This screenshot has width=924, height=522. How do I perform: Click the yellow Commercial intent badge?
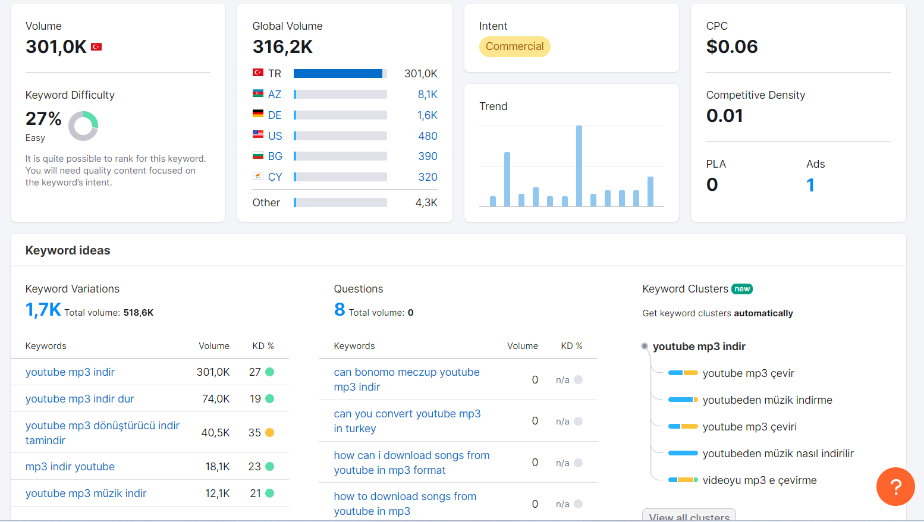[514, 46]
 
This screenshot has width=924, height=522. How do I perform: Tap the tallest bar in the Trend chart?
[579, 166]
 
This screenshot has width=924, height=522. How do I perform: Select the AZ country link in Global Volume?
[275, 95]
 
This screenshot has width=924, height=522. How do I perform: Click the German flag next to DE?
[258, 114]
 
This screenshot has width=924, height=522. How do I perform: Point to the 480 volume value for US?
[428, 136]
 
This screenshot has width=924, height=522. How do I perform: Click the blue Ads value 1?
[810, 185]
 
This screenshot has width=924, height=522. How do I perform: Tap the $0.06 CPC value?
[732, 46]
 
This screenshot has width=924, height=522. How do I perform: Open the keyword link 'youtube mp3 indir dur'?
[80, 399]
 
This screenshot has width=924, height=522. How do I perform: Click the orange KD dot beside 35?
[270, 433]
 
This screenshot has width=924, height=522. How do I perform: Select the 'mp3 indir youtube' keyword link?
[70, 466]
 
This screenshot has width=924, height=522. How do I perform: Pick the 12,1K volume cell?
[218, 493]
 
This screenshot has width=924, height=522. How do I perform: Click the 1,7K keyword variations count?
[43, 310]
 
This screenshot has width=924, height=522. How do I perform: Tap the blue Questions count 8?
[340, 310]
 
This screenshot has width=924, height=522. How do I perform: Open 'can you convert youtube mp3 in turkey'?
[407, 421]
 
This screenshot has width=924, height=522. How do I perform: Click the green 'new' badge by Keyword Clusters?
[742, 288]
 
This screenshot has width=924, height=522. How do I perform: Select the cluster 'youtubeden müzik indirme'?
[767, 400]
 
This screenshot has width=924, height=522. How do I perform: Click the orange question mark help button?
[895, 486]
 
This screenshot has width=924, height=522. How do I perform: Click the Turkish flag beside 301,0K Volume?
[96, 46]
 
